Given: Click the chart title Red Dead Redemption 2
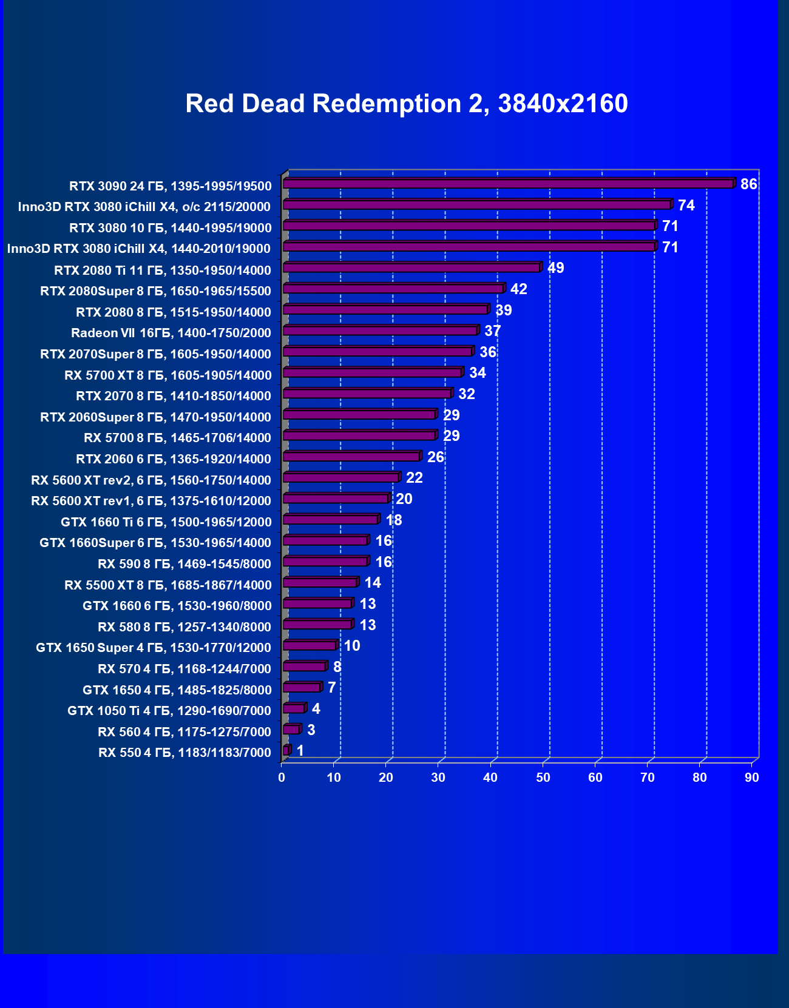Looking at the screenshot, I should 406,104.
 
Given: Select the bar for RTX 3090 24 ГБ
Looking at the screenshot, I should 508,183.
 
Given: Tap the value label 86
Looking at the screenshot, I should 748,184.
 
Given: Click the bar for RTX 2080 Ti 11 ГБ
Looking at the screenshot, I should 411,267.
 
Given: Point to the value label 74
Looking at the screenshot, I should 686,206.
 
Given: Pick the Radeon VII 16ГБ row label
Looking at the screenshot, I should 171,333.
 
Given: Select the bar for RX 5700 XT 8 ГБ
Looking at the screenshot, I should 373,372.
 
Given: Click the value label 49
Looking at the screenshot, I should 555,268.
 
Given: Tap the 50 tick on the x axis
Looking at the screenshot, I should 543,778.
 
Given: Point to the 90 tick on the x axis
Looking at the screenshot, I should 752,778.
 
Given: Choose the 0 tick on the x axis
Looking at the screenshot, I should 282,778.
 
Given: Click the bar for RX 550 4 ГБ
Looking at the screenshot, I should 286,751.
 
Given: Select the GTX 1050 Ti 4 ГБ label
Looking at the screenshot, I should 169,711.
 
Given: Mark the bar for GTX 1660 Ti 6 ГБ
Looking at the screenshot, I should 331,520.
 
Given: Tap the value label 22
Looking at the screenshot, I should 414,478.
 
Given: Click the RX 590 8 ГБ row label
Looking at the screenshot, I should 185,564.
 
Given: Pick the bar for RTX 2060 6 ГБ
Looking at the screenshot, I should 351,457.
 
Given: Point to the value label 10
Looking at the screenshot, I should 352,646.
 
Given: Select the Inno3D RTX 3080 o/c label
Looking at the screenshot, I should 144,207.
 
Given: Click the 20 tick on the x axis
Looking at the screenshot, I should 386,778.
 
